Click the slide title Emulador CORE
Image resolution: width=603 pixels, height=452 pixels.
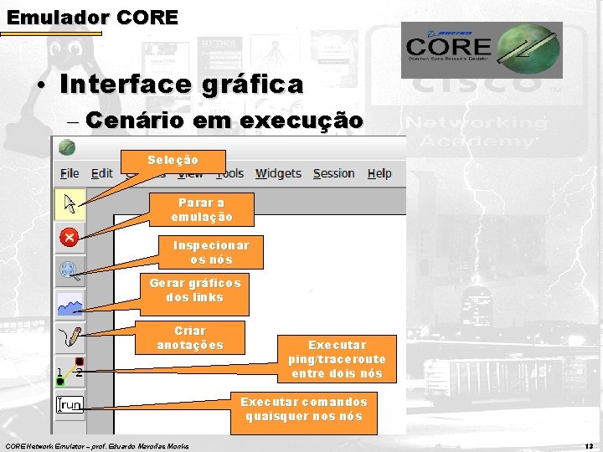click(92, 17)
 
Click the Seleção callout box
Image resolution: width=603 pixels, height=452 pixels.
click(173, 160)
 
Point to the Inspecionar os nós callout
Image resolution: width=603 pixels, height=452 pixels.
click(211, 253)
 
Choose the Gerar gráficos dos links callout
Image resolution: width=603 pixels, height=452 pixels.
click(195, 290)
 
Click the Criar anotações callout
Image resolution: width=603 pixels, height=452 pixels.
click(190, 338)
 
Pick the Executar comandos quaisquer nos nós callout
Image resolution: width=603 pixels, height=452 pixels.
click(306, 409)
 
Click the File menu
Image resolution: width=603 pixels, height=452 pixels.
click(70, 173)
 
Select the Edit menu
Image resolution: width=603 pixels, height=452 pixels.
click(102, 173)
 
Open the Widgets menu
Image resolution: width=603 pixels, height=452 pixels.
click(278, 173)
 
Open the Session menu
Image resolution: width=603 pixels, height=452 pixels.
click(333, 173)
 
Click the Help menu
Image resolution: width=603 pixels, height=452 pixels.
click(379, 173)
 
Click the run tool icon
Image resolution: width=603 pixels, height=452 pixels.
click(70, 405)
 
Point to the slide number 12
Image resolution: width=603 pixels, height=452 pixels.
click(588, 445)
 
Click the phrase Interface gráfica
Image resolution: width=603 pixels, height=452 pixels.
click(182, 85)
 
